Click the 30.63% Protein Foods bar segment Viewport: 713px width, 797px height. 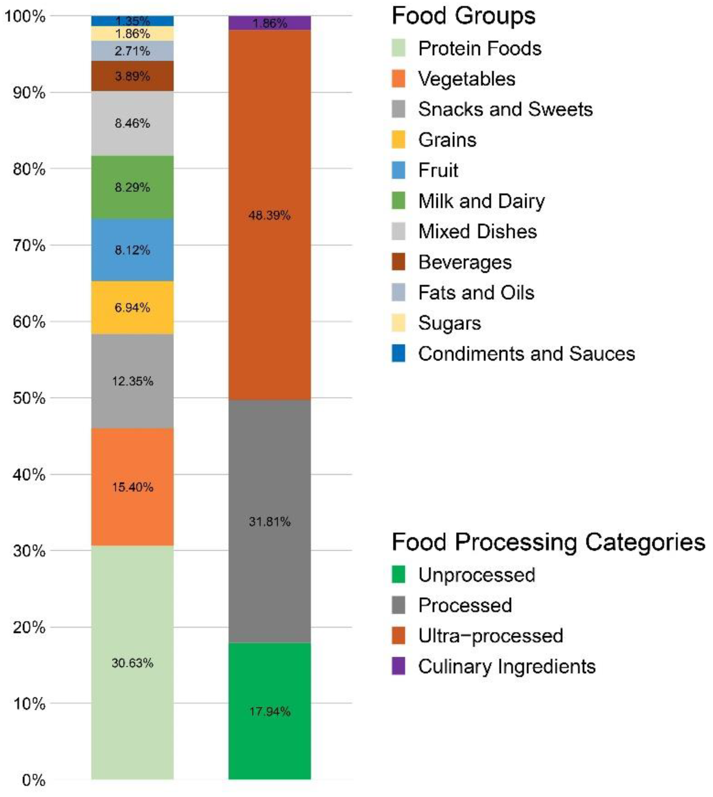(x=133, y=663)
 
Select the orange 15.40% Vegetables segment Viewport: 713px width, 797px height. (x=133, y=487)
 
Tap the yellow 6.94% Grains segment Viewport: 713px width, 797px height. (x=133, y=307)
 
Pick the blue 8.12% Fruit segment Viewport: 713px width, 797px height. (x=133, y=250)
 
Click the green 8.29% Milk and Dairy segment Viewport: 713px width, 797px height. (x=133, y=187)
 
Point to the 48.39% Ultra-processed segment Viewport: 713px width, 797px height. (x=269, y=215)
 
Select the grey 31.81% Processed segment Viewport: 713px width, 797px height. (x=269, y=522)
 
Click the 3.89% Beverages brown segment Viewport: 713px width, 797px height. (x=133, y=76)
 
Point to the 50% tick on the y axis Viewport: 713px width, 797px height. (x=29, y=398)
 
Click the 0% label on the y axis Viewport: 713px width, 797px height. (x=34, y=780)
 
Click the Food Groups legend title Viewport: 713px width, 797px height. (x=463, y=16)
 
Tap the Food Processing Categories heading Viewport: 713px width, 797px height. (x=548, y=542)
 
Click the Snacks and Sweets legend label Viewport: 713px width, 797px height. (x=505, y=109)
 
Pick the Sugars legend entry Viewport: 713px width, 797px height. (x=449, y=323)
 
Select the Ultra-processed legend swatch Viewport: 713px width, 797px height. (x=398, y=636)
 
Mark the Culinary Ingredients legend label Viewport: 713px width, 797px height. (x=507, y=666)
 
